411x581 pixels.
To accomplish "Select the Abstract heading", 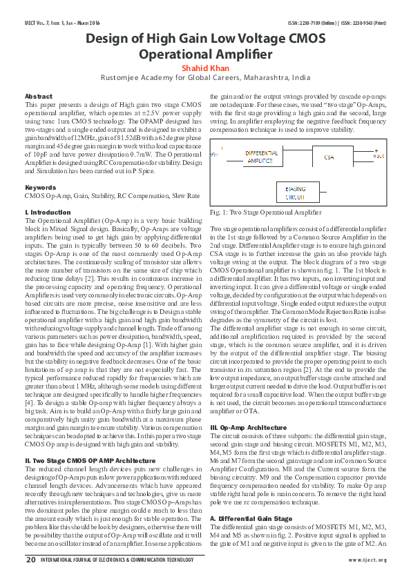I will [38, 96].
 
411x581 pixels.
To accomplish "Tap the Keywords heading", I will [40, 188].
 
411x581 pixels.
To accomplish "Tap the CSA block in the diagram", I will [328, 158].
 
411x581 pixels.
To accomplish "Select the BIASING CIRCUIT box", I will [296, 192].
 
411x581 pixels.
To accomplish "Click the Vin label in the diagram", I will [215, 155].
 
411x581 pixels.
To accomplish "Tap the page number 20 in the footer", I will [30, 560].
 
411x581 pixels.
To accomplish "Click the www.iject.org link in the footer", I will [367, 560].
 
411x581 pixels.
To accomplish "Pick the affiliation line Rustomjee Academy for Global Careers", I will [205, 78].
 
